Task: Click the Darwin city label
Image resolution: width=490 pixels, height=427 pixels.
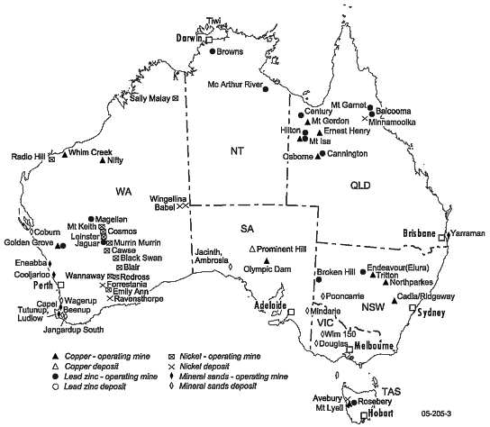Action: (187, 39)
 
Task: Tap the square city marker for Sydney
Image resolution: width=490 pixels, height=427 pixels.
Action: (413, 308)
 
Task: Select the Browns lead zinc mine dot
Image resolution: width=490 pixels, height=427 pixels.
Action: (213, 51)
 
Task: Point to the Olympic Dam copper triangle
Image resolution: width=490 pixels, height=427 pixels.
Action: (267, 260)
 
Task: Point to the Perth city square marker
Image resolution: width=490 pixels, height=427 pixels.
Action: (60, 286)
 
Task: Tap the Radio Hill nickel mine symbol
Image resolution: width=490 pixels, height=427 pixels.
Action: (52, 160)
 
